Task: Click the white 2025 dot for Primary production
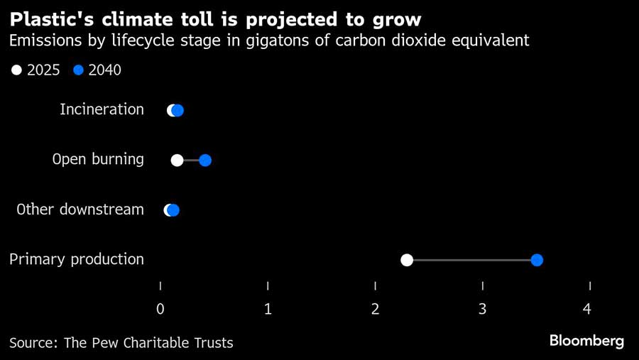407,260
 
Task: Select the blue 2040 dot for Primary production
537,260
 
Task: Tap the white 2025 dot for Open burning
177,160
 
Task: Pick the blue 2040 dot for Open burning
205,160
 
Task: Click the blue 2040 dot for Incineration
178,110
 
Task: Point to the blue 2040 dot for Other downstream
174,210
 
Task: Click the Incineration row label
102,109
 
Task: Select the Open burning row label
98,159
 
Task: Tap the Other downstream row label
80,209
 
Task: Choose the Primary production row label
76,259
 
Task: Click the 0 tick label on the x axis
160,309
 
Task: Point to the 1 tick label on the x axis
268,309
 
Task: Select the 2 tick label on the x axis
376,309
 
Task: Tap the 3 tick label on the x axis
483,309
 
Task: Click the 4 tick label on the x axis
586,309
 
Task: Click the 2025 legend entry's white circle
17,70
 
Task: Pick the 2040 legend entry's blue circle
79,70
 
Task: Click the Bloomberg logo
586,341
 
